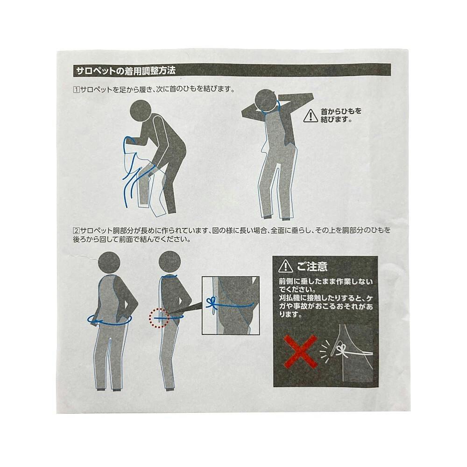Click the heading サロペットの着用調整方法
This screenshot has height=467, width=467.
click(126, 71)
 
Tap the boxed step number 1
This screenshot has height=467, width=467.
click(77, 89)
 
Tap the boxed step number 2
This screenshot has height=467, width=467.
click(77, 230)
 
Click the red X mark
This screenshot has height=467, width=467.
click(300, 352)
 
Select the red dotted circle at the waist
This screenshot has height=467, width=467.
click(159, 318)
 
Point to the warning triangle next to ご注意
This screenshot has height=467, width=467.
click(285, 266)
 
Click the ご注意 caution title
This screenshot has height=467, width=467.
click(312, 266)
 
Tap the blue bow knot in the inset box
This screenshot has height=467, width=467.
click(212, 304)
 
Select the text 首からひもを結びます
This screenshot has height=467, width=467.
click(341, 115)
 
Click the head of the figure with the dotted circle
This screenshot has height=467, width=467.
click(170, 262)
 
